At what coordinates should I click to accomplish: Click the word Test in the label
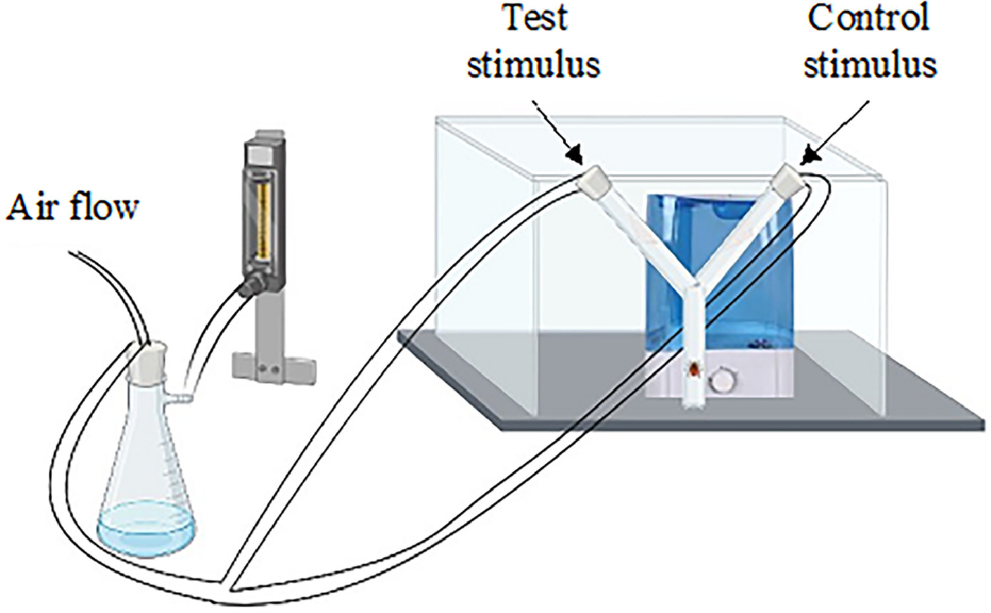point(535,18)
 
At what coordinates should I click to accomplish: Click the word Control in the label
point(868,18)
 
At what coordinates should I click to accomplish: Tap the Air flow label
point(73,207)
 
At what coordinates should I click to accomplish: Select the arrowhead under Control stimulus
point(808,158)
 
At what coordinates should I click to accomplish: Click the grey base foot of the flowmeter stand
point(264,366)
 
